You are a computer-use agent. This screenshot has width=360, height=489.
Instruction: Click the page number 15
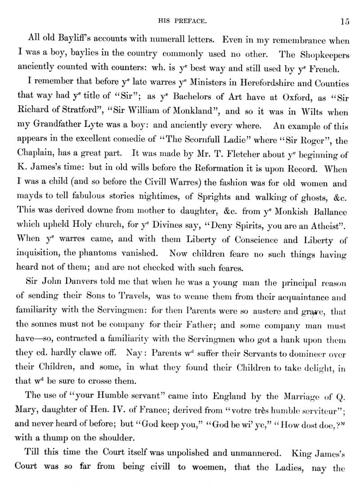[345, 21]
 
